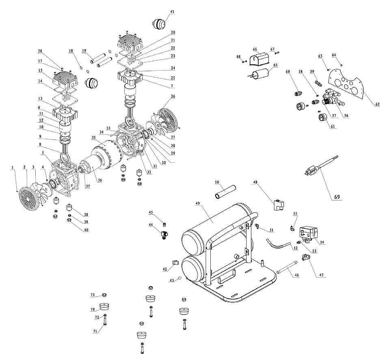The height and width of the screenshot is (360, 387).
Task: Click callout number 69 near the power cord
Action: point(337,197)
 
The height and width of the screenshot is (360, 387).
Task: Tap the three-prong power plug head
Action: point(312,170)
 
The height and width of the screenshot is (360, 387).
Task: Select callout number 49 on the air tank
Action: point(197,203)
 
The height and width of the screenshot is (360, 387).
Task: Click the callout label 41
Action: point(172,12)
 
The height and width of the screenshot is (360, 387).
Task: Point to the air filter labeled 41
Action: point(159,24)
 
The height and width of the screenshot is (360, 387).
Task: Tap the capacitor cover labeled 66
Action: point(258,60)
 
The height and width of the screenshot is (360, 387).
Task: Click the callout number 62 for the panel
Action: point(377,104)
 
